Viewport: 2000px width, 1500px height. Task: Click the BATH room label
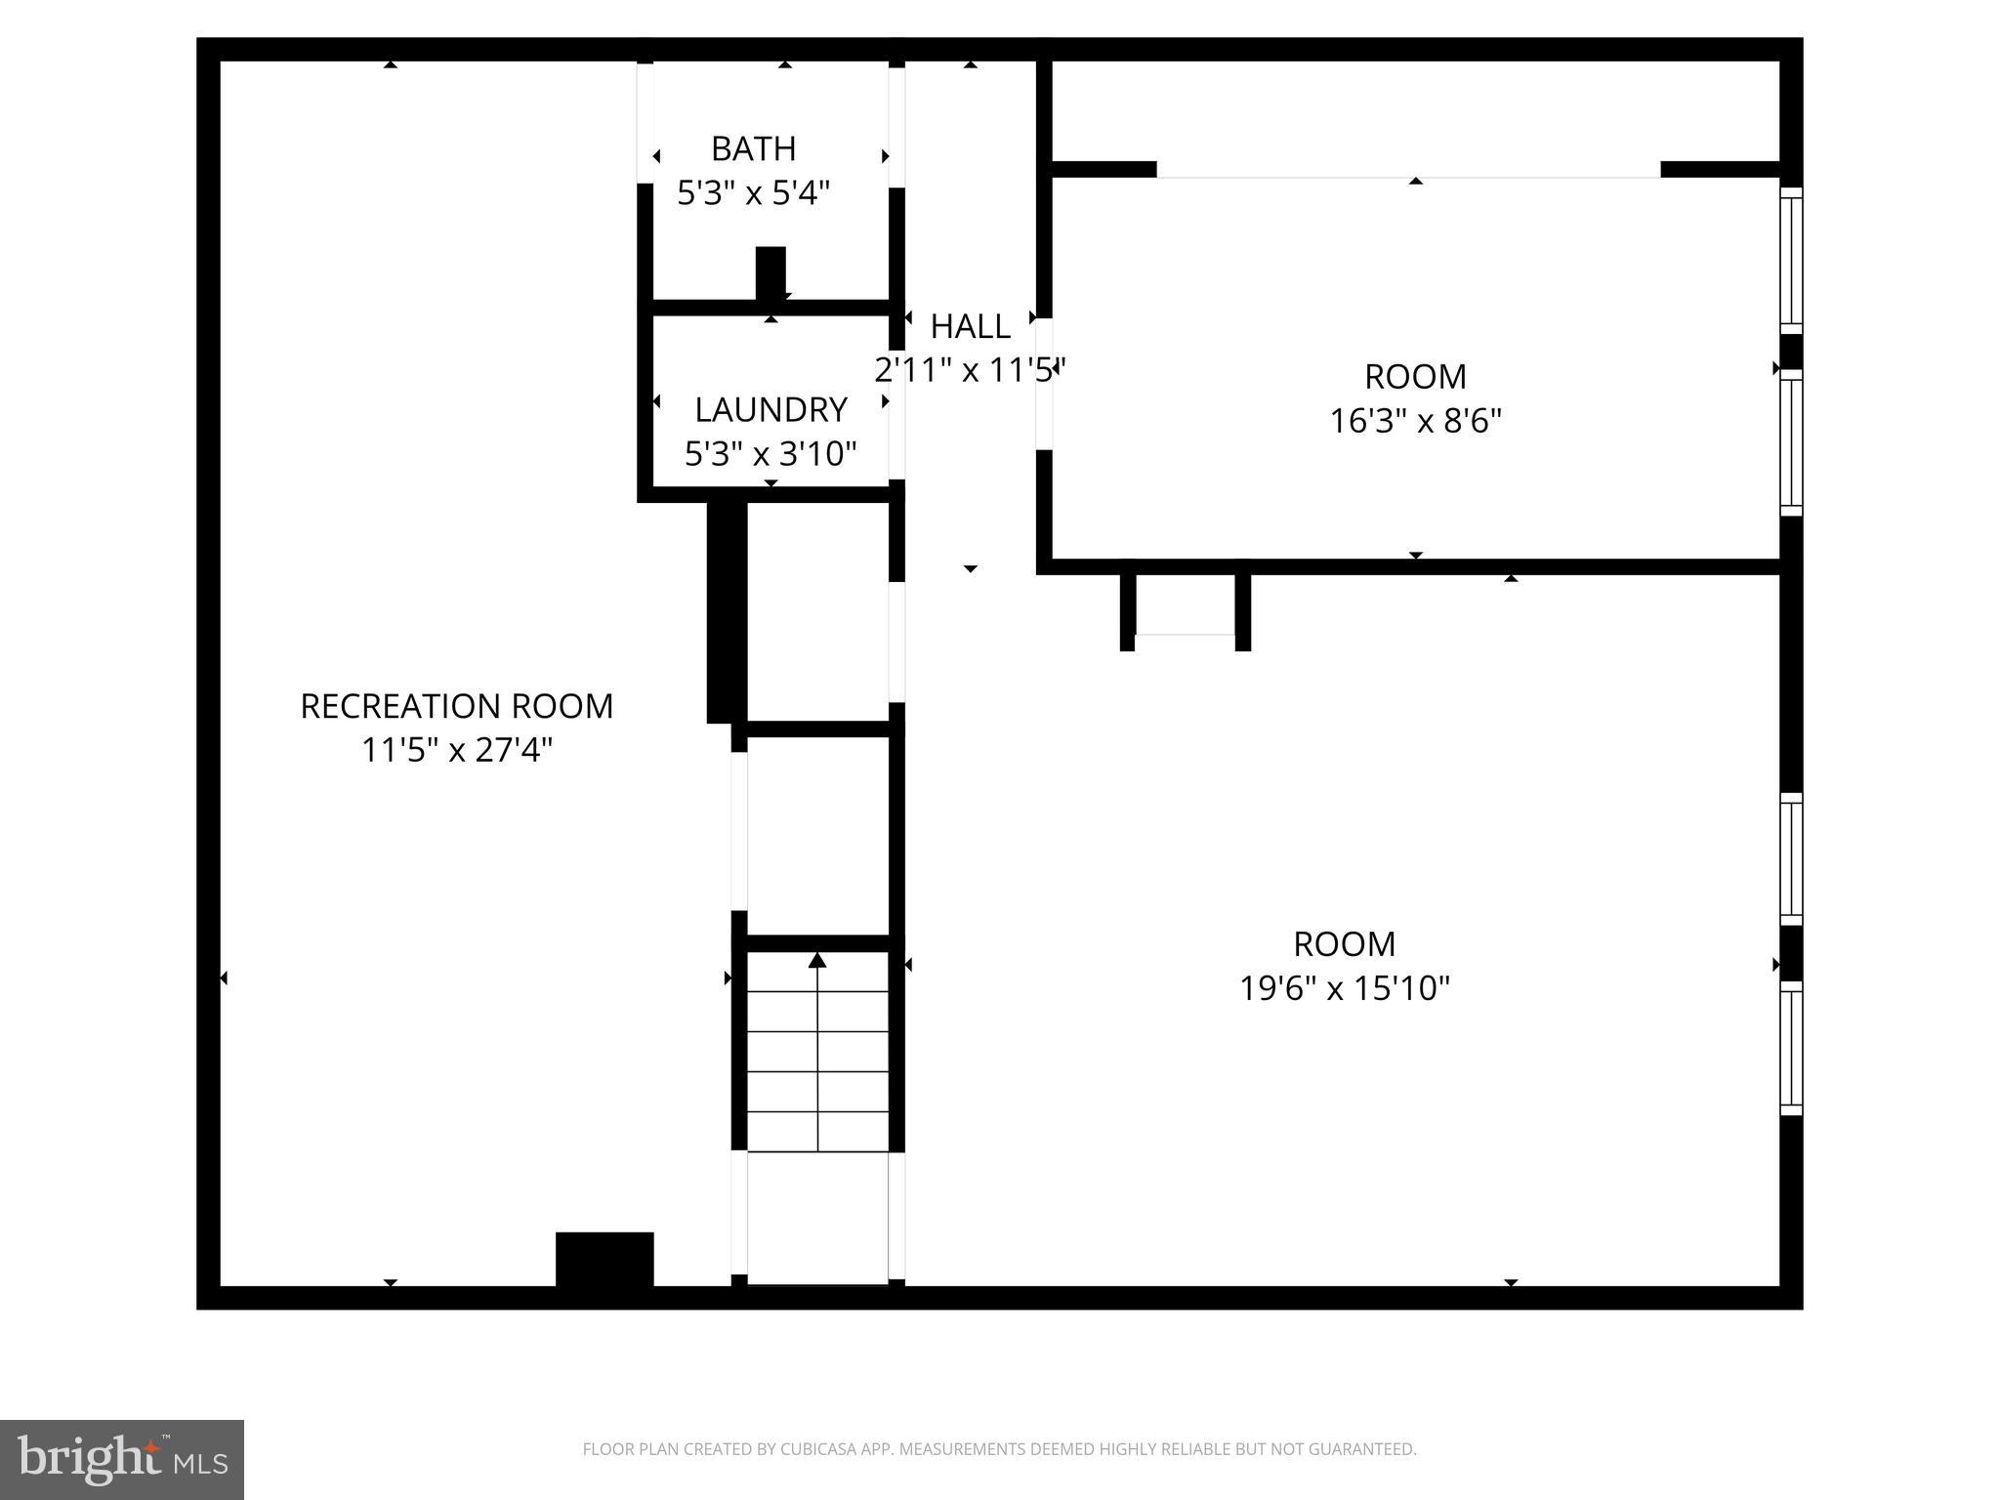pos(753,148)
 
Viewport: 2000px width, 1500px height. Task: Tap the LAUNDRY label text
pos(771,409)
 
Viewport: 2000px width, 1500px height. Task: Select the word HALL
pos(970,326)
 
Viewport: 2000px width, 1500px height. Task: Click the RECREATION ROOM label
pos(456,706)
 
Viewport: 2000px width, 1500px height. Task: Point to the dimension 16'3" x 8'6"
pos(1415,421)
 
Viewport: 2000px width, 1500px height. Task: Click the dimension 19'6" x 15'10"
pos(1344,988)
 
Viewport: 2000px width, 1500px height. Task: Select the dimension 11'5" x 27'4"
pos(456,750)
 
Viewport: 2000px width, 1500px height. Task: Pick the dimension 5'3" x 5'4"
pos(753,193)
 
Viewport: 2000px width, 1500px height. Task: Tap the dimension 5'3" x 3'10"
pos(771,453)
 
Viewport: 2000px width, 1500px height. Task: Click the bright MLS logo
pos(122,1459)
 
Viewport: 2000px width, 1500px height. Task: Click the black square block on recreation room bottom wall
pos(604,1260)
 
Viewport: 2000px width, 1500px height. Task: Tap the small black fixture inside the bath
pos(771,272)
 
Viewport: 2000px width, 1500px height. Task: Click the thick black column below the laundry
pos(727,612)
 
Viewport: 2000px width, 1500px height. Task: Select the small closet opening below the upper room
pos(1185,636)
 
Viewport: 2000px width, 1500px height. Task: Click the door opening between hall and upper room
pos(1044,384)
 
